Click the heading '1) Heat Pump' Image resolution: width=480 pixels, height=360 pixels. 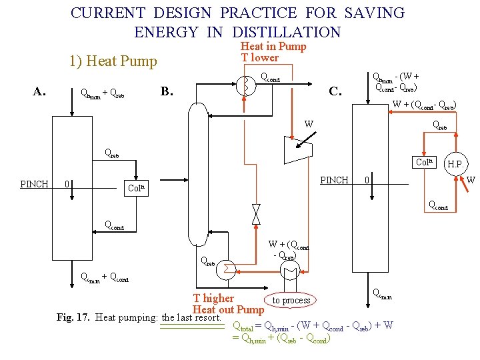(x=113, y=62)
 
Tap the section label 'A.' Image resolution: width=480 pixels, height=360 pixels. (x=40, y=92)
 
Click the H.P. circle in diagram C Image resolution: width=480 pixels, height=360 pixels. (x=456, y=164)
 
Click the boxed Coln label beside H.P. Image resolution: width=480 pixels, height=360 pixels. (x=425, y=162)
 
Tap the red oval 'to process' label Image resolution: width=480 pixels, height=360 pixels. (x=291, y=301)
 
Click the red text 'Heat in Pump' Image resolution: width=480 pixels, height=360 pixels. (x=273, y=46)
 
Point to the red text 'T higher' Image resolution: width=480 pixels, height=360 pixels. (x=213, y=298)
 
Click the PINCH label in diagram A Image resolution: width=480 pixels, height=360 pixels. (x=34, y=184)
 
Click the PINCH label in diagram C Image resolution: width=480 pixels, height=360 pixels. (x=334, y=180)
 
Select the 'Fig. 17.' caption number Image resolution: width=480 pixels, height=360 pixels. (x=74, y=317)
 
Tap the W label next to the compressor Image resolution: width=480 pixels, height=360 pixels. (x=309, y=124)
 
